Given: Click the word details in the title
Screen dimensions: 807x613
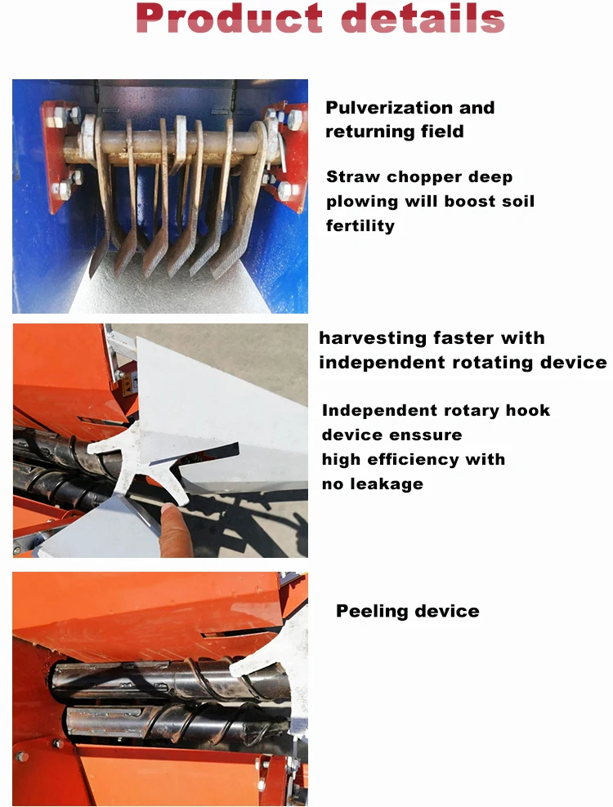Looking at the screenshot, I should coord(421,18).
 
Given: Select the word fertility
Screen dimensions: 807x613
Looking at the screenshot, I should coord(360,225).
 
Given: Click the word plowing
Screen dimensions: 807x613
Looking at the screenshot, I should coord(361,201).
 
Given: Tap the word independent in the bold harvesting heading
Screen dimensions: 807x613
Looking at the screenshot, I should coord(381,363).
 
